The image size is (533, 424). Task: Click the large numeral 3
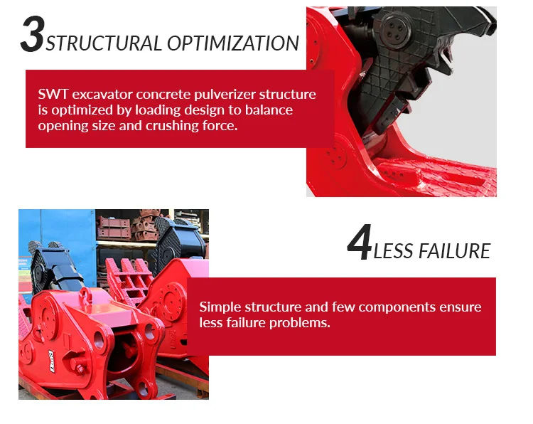coord(32,34)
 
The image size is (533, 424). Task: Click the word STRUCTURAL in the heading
coord(104,43)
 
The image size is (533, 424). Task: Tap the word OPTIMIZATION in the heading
coord(233,43)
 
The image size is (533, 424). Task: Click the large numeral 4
coord(360,242)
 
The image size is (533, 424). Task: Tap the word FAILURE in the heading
coord(455,251)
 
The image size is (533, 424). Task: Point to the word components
coord(397,307)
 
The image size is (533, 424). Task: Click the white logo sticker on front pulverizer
coord(52,361)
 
